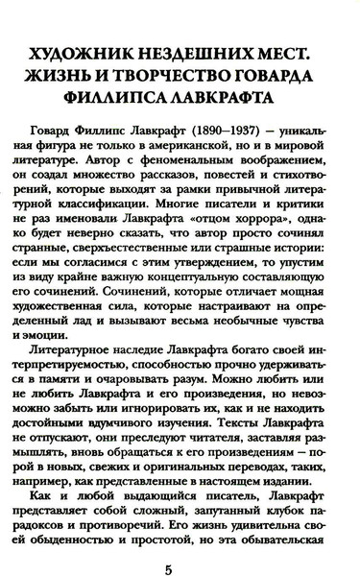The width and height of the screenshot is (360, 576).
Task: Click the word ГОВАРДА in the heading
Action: (x=288, y=72)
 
